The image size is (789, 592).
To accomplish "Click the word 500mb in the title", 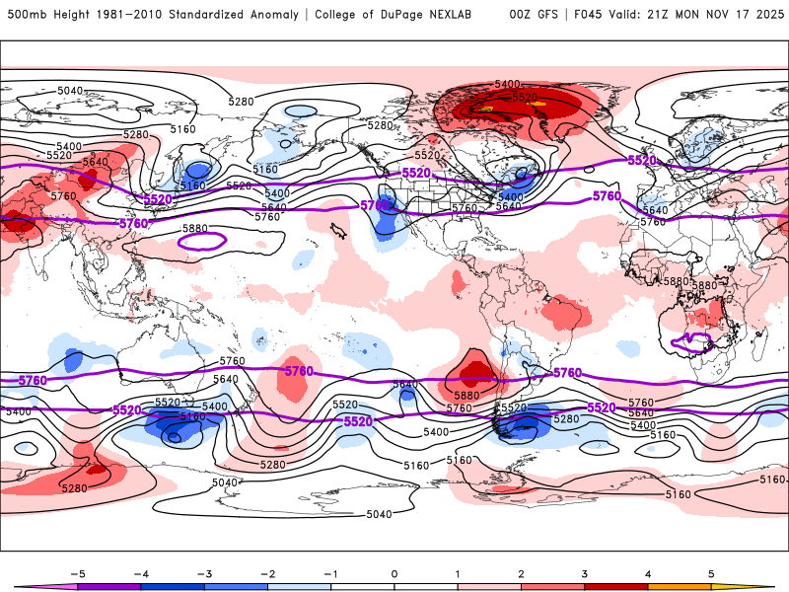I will pos(25,15).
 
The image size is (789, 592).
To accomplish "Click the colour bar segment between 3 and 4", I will pos(616,586).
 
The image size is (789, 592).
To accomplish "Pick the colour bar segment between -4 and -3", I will pos(173,586).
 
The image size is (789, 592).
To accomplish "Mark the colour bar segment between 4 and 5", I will pos(680,586).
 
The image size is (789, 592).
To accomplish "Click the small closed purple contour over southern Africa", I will pos(690,342).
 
